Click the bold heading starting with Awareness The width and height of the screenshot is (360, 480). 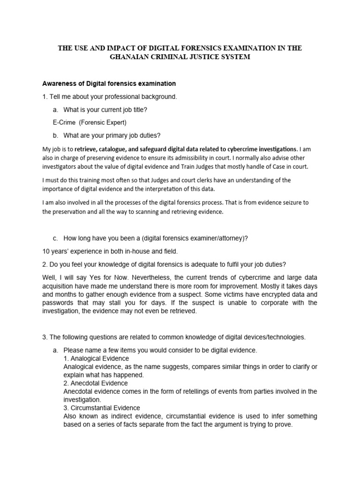(109, 83)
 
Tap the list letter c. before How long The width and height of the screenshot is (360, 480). (56, 238)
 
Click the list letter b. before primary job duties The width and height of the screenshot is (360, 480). (56, 136)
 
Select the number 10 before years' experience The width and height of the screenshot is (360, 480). (46, 251)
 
